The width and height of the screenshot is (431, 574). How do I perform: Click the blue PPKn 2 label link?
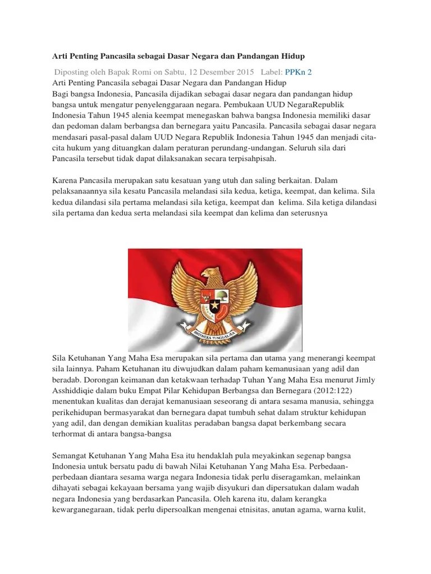point(299,72)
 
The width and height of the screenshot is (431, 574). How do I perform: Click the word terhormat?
point(72,434)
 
